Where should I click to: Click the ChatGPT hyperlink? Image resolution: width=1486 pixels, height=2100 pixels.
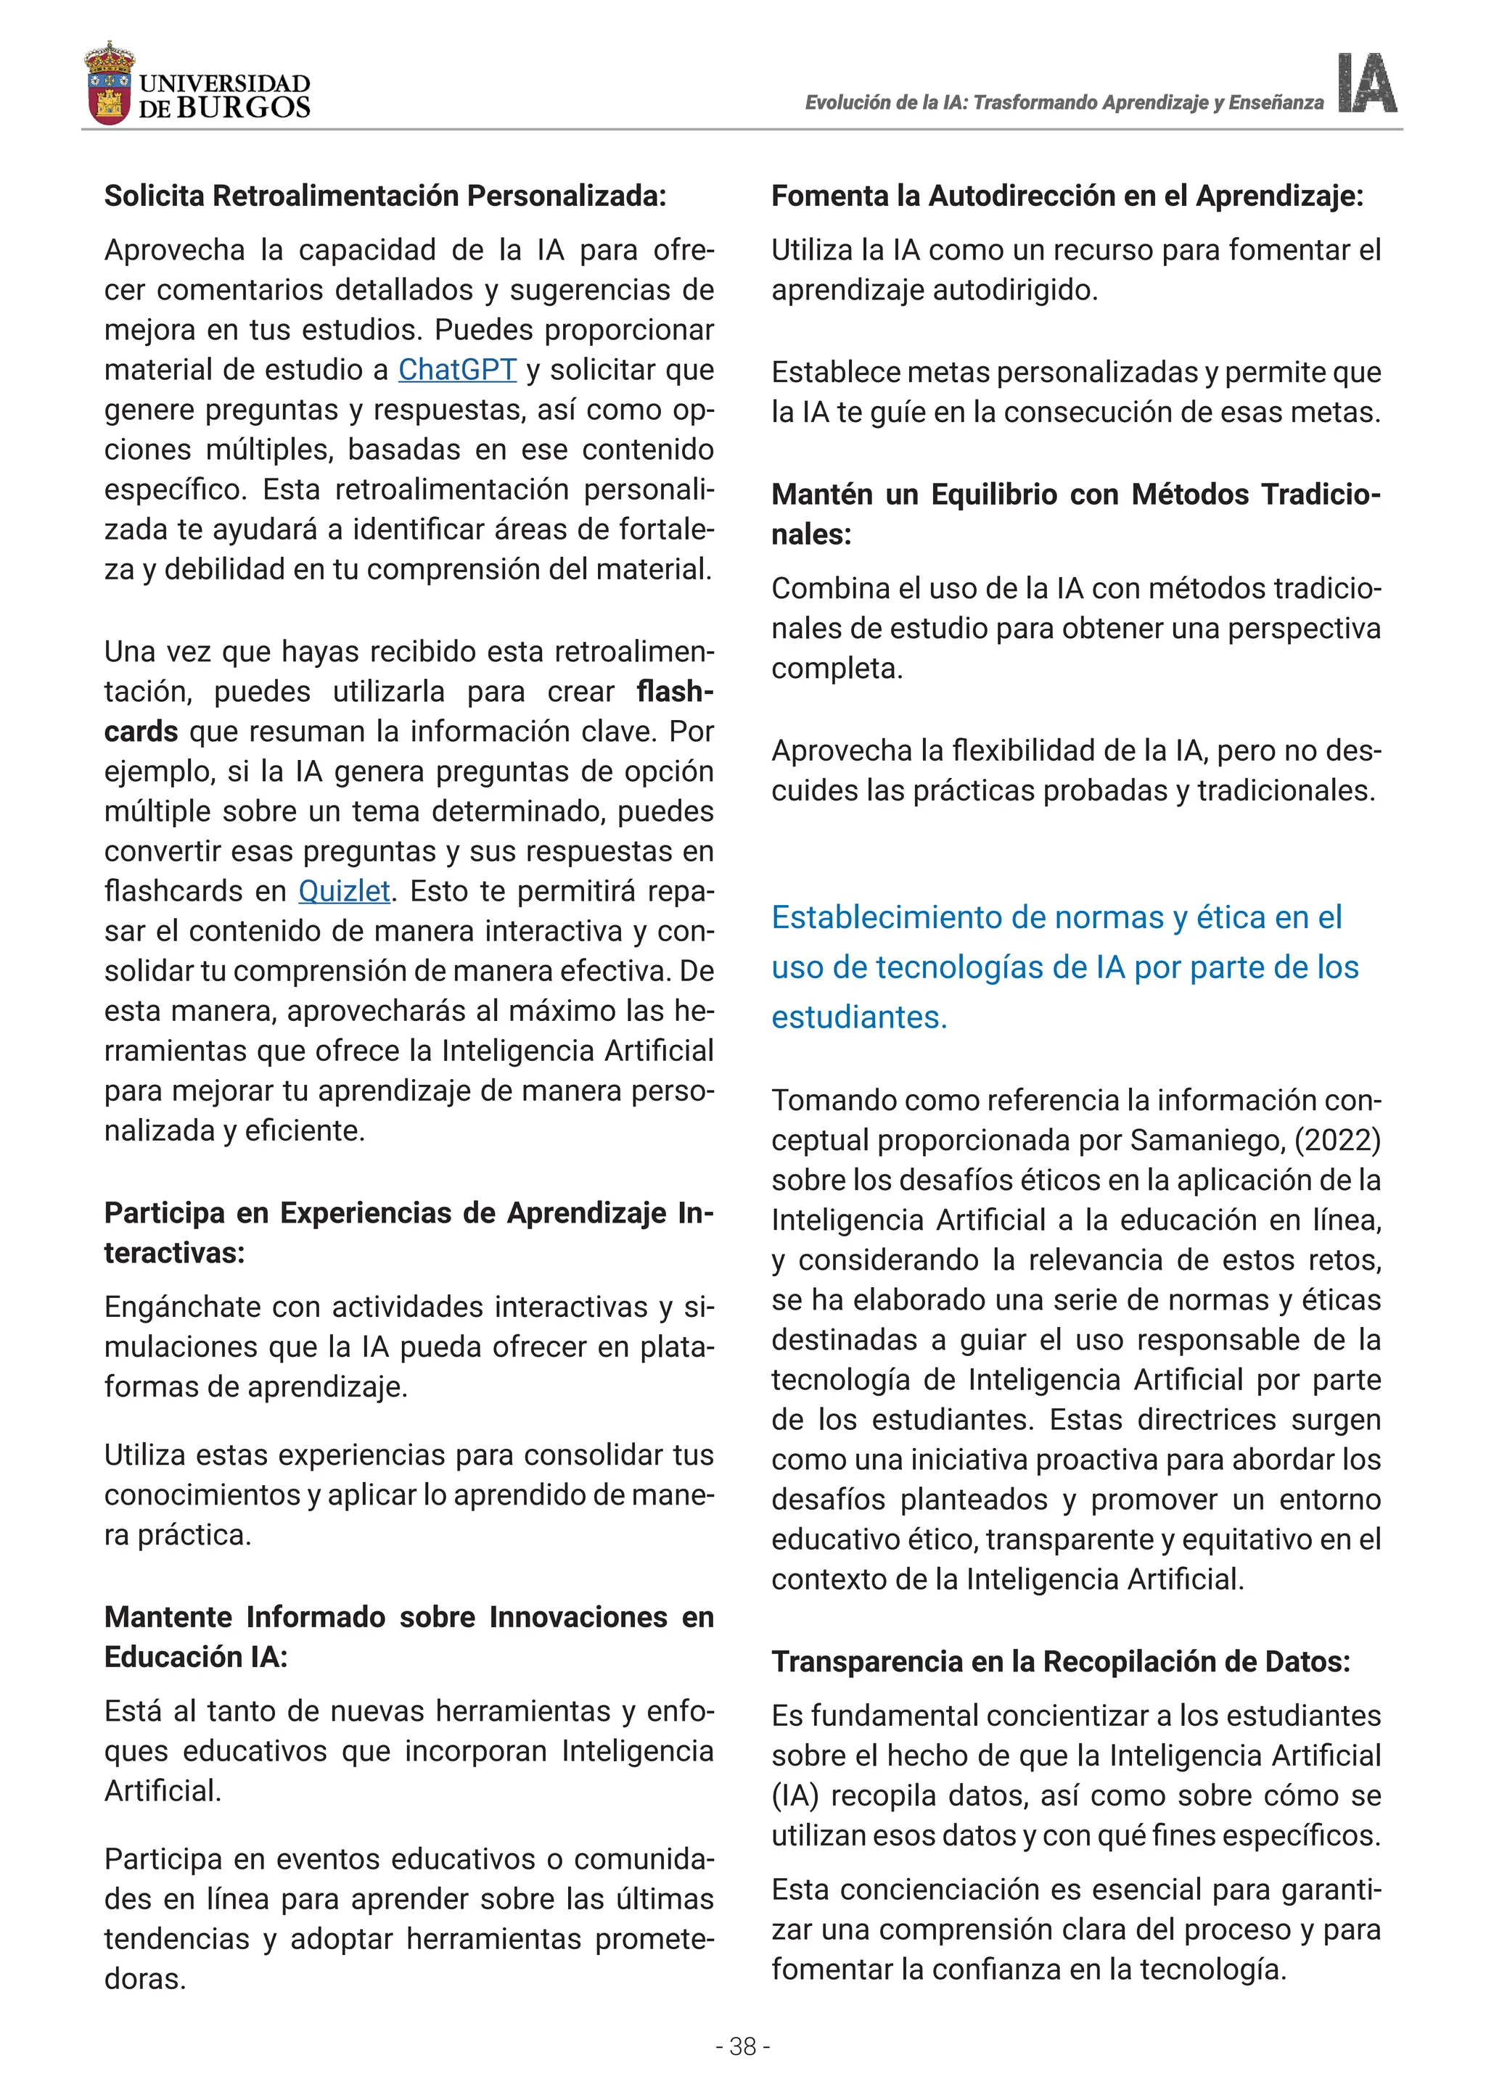[x=456, y=370]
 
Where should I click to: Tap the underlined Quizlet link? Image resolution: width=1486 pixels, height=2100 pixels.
[x=344, y=891]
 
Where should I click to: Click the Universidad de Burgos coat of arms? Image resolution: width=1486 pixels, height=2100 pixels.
[x=109, y=84]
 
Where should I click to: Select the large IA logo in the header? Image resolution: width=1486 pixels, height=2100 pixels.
[x=1367, y=83]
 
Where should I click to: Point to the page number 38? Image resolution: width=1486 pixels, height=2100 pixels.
[x=742, y=2046]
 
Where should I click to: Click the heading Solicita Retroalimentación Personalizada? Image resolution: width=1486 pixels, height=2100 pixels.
[x=385, y=196]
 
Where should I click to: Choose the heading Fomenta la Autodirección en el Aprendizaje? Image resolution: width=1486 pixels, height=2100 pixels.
[x=1067, y=196]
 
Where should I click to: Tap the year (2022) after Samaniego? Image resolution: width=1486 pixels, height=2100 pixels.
[x=1339, y=1140]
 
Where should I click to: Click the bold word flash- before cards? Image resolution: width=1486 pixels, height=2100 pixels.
[x=674, y=692]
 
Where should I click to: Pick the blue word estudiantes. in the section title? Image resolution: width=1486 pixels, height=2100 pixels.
[x=858, y=1017]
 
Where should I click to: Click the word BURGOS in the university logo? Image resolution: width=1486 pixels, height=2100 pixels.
[x=243, y=108]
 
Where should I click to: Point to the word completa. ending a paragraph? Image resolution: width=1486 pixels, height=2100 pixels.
[x=837, y=669]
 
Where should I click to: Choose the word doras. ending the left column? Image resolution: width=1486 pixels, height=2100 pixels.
[x=144, y=1980]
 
